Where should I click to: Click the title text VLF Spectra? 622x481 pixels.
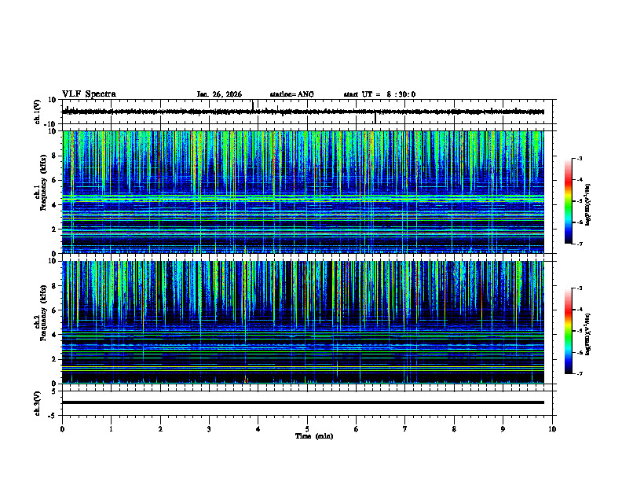point(89,94)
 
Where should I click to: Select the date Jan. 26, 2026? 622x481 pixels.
point(219,94)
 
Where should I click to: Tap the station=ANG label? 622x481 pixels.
point(291,94)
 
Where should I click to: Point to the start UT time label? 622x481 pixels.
point(379,94)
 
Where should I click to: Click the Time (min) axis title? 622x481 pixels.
point(313,436)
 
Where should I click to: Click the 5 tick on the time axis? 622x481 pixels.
point(307,429)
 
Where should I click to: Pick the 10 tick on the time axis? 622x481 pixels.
point(552,429)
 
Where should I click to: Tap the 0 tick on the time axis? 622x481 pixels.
point(62,429)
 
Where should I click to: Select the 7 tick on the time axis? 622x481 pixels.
point(405,429)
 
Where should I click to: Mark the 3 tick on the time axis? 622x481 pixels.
point(209,429)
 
